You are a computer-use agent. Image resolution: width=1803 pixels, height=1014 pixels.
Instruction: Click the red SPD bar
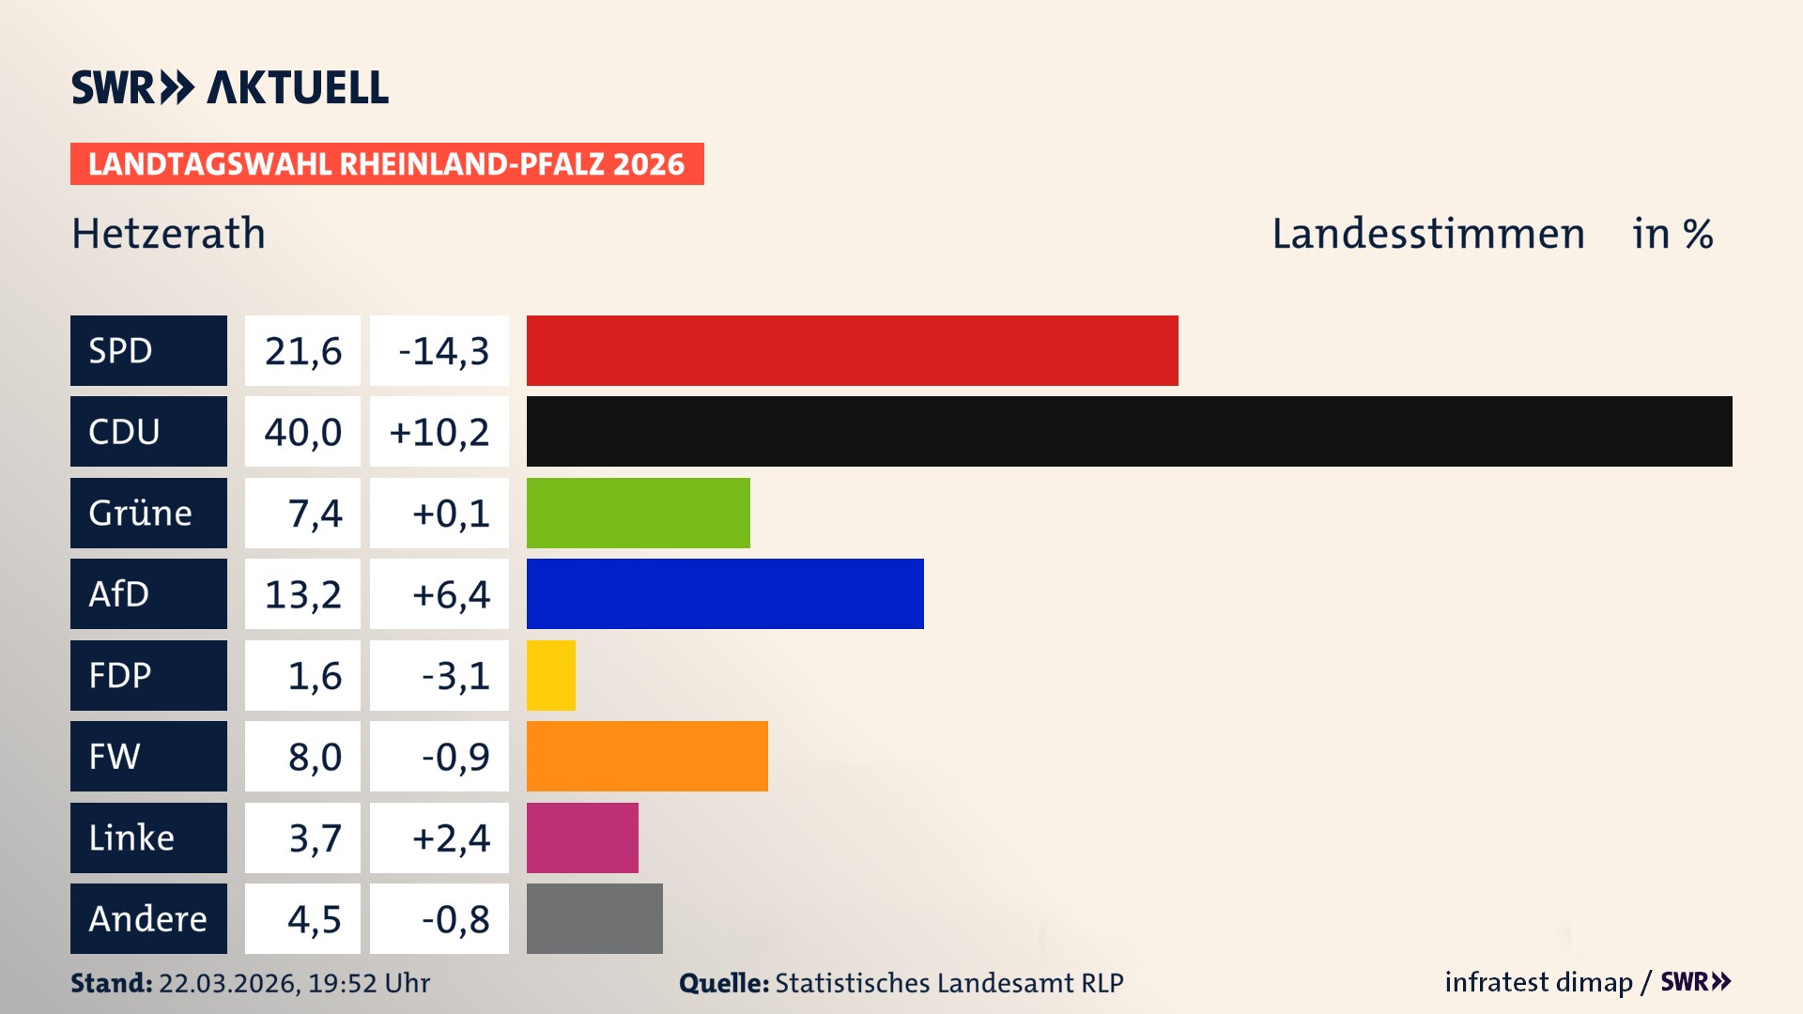click(x=852, y=350)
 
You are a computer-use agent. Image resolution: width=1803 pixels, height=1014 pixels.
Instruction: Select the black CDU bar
click(x=1129, y=431)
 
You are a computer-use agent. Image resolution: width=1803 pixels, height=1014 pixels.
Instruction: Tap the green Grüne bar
click(x=638, y=513)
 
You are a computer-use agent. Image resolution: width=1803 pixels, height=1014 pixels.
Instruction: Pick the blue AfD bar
click(x=725, y=593)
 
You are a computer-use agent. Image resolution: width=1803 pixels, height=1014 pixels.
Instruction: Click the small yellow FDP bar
click(x=550, y=675)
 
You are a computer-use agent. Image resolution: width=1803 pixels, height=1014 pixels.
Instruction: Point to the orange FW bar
click(x=647, y=756)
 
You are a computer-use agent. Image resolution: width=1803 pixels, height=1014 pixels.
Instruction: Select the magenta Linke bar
click(x=582, y=837)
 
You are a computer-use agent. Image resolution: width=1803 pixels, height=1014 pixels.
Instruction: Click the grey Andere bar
click(x=594, y=918)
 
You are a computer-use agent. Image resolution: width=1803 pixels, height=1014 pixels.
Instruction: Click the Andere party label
click(x=148, y=918)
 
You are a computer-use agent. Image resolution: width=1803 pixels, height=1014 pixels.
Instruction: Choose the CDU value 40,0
click(x=302, y=432)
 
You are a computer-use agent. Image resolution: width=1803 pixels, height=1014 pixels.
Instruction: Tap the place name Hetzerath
click(x=169, y=234)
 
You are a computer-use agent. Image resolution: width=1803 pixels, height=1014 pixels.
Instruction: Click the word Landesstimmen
click(x=1427, y=234)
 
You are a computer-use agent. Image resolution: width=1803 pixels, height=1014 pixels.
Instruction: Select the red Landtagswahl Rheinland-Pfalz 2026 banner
click(x=387, y=164)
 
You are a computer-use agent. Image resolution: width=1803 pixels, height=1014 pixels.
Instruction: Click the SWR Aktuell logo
click(x=230, y=87)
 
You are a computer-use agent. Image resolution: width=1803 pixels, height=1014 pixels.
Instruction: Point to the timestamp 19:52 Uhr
click(x=369, y=983)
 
